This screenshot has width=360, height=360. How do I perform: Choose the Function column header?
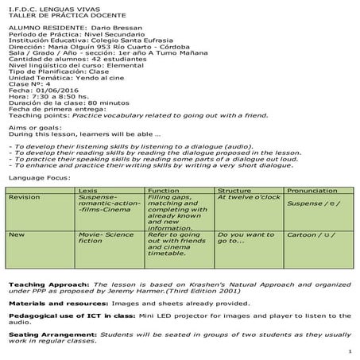tap(164, 190)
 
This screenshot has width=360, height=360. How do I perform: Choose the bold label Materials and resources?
tap(52, 302)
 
